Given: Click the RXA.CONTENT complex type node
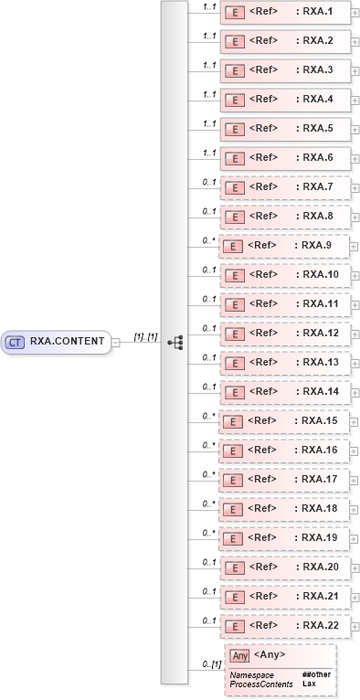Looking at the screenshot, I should (57, 342).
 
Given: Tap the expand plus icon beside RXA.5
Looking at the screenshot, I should (355, 129).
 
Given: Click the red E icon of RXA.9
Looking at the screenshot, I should (232, 246).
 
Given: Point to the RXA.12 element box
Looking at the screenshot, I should (285, 334).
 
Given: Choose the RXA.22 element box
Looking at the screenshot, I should (285, 626).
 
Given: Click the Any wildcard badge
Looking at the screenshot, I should (240, 655).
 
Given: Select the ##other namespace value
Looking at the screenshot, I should (315, 674).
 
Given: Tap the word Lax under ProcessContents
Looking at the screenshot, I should (309, 684).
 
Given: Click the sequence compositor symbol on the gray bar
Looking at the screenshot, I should (175, 342).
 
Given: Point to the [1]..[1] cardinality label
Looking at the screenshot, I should (145, 336).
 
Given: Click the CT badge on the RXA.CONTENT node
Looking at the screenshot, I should (15, 342).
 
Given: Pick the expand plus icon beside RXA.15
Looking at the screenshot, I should (355, 421).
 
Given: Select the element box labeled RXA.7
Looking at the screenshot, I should (285, 187).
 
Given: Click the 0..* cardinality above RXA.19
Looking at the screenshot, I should (209, 531).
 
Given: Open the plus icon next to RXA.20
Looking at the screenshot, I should (355, 567).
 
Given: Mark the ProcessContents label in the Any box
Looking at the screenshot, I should (261, 684).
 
